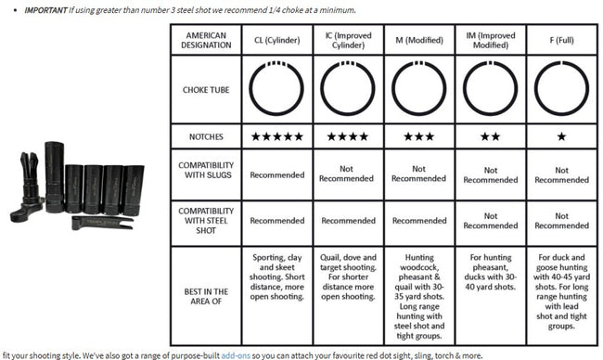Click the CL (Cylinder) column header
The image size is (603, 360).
[276, 40]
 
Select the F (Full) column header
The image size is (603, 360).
[561, 40]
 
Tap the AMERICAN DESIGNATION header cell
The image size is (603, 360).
[206, 40]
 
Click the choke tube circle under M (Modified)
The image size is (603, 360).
[419, 61]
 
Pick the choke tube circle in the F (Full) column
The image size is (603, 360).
[561, 61]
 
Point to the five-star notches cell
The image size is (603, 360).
[276, 136]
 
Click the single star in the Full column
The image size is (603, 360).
[561, 136]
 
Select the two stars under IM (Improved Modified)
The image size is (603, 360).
[491, 136]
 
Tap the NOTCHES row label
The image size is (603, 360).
[206, 136]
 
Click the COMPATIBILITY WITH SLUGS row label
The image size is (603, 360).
[206, 170]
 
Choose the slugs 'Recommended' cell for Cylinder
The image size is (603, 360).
[276, 175]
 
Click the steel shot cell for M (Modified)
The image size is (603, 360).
[419, 221]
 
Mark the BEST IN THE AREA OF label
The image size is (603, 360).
[206, 296]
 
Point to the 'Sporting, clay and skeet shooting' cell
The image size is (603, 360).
[276, 276]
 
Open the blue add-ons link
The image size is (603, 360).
[236, 355]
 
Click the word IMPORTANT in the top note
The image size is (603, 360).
[45, 10]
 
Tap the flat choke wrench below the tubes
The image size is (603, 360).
[102, 223]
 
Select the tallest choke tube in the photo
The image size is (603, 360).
[55, 177]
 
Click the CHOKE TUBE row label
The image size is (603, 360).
[206, 90]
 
